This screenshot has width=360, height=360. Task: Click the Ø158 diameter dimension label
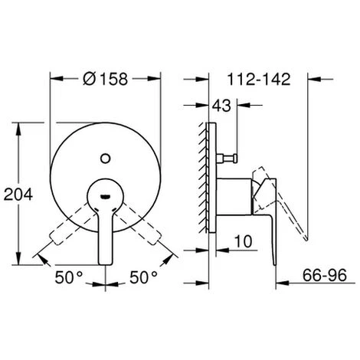coord(105,79)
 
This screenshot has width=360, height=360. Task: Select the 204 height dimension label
coord(18,194)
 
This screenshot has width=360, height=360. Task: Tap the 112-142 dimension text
coord(259,79)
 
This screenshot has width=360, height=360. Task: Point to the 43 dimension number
coord(221,105)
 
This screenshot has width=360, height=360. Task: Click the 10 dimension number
coord(244,241)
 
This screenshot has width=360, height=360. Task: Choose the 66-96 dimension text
coord(325,275)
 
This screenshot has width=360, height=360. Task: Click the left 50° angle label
coord(69,277)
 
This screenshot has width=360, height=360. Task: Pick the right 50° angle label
coord(143,277)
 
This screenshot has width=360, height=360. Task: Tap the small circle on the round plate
coord(105,159)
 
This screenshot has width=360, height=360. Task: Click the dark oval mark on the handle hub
coord(105,196)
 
